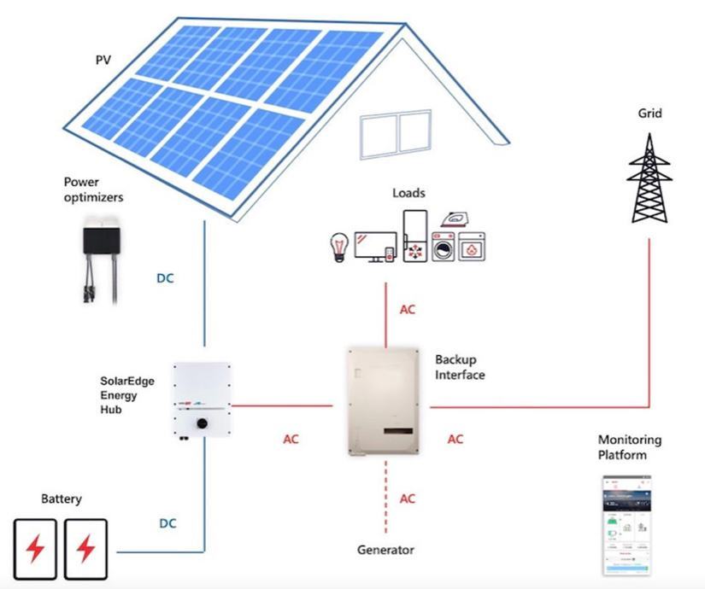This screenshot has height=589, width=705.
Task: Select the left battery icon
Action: [36, 548]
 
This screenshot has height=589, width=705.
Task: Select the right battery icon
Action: [85, 548]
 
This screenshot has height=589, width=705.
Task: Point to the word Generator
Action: [385, 550]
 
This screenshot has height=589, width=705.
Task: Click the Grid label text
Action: [650, 113]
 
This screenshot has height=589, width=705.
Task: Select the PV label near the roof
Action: [103, 61]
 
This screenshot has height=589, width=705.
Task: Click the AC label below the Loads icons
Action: [408, 309]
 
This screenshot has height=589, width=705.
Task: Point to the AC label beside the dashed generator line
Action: [408, 499]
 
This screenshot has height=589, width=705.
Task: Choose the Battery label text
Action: [62, 499]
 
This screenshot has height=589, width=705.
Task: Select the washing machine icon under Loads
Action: [443, 248]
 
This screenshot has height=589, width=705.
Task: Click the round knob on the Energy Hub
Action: [203, 423]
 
